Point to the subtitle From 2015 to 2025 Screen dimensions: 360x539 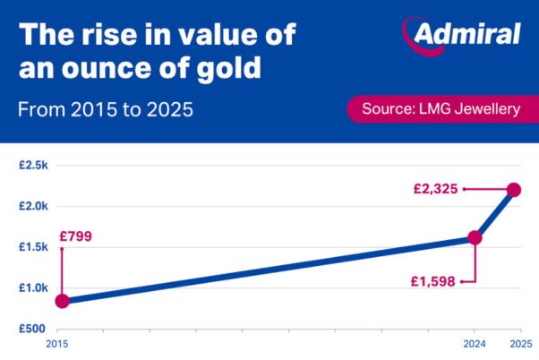point(106,110)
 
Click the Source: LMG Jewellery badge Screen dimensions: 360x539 point(440,109)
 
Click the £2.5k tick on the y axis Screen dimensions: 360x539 point(33,166)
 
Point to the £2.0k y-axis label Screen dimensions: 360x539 point(33,206)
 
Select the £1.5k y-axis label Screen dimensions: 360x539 point(33,247)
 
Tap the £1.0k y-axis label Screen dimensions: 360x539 point(33,287)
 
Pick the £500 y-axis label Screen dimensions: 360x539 point(34,328)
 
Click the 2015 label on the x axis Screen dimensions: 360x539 point(56,344)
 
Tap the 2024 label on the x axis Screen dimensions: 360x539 point(474,344)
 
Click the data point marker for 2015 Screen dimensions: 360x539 point(62,301)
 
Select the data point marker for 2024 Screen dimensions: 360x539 point(475,237)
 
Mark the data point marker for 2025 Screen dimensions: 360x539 point(514,189)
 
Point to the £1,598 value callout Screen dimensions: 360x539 point(433,280)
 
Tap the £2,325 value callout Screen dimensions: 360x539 point(436,189)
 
